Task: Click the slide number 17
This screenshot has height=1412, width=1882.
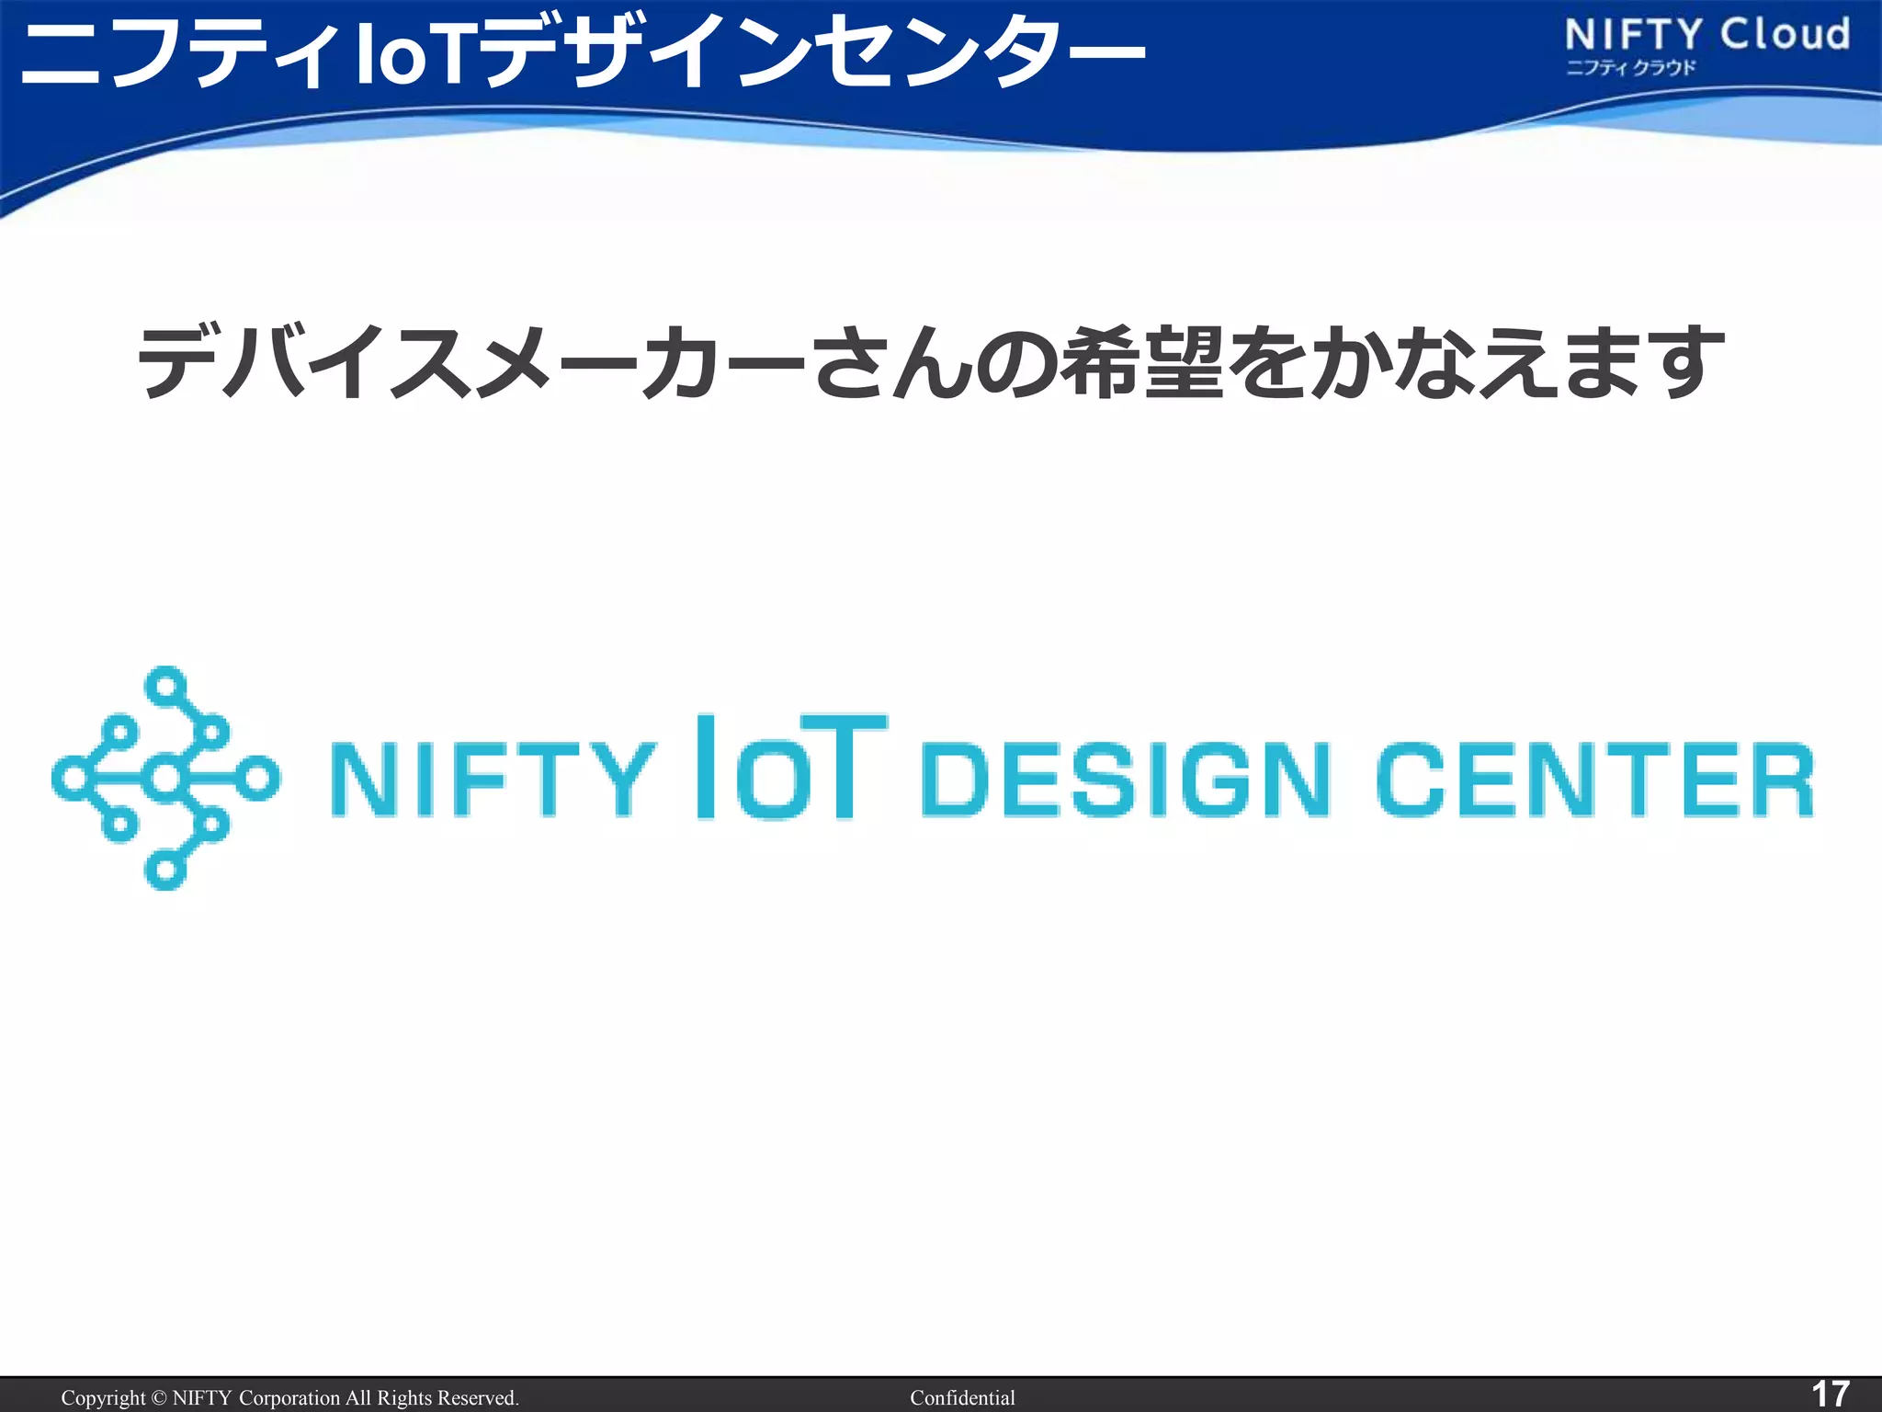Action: [x=1829, y=1394]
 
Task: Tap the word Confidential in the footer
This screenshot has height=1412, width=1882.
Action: [x=962, y=1397]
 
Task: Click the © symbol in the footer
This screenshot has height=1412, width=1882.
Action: [x=159, y=1397]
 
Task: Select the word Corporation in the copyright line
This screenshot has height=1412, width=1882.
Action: [x=289, y=1397]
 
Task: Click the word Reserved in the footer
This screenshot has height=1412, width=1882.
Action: [x=477, y=1397]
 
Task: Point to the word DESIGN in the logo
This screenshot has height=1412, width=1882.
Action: [x=1125, y=780]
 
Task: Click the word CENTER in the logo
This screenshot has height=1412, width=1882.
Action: [x=1595, y=780]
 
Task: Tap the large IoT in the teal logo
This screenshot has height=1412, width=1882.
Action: [x=790, y=767]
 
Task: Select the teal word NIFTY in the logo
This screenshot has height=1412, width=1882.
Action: [x=493, y=780]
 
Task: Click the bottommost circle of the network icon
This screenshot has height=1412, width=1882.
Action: [x=166, y=870]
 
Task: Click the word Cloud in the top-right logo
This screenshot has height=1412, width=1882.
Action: [x=1785, y=35]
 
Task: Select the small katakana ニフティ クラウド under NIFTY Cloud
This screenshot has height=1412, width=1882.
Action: [x=1630, y=68]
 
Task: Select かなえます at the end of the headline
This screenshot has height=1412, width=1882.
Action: [x=1516, y=363]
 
